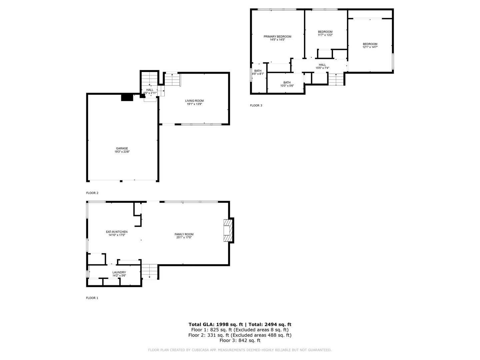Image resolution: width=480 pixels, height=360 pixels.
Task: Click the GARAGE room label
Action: [122, 148]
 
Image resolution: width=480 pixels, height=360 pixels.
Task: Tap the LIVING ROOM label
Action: [194, 101]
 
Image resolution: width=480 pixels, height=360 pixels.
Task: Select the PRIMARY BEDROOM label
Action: [277, 37]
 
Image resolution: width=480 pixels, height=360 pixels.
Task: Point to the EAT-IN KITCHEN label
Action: [117, 232]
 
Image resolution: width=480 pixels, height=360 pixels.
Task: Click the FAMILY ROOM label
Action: [184, 234]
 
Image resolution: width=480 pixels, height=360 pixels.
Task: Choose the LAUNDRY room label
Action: [119, 272]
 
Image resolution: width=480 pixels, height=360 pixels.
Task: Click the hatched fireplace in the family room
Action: [227, 230]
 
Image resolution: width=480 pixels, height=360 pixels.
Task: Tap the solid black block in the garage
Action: [127, 97]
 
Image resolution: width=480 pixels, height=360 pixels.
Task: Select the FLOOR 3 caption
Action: [256, 105]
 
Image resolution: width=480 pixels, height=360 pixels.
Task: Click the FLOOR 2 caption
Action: [92, 193]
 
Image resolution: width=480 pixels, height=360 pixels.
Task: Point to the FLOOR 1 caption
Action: [92, 298]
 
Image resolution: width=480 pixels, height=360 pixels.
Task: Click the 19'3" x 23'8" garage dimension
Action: [122, 151]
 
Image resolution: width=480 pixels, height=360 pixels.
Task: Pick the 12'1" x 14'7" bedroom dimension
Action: [370, 47]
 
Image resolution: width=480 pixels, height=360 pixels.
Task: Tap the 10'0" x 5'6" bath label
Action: [287, 86]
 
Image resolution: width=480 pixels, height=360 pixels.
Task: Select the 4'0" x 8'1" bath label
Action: [258, 74]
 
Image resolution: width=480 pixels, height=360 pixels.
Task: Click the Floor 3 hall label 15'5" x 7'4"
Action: [322, 68]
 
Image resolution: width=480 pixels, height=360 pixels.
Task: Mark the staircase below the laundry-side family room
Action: [150, 271]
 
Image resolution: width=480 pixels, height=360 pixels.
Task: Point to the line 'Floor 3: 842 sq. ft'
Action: [240, 340]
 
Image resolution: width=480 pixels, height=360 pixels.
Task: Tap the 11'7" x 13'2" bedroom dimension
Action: [325, 35]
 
